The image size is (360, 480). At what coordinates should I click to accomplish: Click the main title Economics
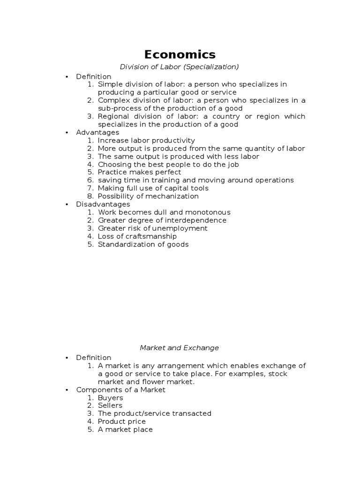[x=180, y=54]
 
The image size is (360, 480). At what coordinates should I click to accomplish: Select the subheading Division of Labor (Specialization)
[x=180, y=67]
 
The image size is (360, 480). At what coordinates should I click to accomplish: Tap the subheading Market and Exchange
[x=180, y=348]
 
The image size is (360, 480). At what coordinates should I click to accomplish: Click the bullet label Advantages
[x=97, y=132]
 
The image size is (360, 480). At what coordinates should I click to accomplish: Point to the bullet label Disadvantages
[x=103, y=204]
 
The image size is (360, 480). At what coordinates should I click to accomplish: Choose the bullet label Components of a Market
[x=120, y=390]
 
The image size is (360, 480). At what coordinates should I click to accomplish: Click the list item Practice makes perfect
[x=139, y=172]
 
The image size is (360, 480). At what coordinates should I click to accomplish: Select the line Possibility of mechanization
[x=148, y=196]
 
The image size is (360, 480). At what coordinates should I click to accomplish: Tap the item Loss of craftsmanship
[x=137, y=236]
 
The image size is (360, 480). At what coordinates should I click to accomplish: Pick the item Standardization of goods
[x=143, y=244]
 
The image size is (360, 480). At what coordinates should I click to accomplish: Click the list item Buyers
[x=110, y=397]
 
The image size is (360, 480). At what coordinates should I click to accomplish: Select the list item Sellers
[x=110, y=405]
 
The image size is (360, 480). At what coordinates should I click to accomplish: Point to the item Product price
[x=122, y=421]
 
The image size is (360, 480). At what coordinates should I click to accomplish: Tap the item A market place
[x=125, y=429]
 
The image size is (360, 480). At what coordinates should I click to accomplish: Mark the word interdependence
[x=196, y=220]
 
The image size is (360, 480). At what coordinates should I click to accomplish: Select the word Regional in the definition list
[x=112, y=116]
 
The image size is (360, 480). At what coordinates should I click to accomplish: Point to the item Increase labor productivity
[x=146, y=140]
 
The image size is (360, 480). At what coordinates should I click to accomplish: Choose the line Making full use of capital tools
[x=153, y=188]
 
